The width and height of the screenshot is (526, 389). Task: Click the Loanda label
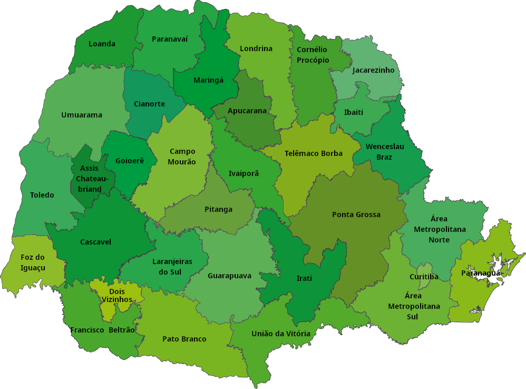click(x=102, y=44)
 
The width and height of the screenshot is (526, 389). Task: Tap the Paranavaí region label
click(x=170, y=38)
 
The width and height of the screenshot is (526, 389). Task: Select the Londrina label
click(x=256, y=48)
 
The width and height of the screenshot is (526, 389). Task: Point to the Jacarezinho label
click(x=373, y=70)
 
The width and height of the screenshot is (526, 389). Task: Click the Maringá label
click(x=209, y=80)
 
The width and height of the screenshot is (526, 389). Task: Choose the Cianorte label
click(x=149, y=104)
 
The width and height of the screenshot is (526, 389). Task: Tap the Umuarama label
click(x=82, y=115)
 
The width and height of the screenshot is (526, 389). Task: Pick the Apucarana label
click(x=247, y=111)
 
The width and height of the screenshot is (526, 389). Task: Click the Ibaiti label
click(x=354, y=112)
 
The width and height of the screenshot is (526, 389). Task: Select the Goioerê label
click(x=130, y=160)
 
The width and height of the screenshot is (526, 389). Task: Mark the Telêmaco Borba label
click(x=314, y=153)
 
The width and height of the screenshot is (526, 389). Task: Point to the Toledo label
click(x=42, y=195)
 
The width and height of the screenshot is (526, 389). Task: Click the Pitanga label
click(x=218, y=209)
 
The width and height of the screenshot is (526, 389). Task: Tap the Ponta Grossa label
click(x=356, y=215)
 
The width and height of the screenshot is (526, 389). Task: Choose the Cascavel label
click(x=95, y=242)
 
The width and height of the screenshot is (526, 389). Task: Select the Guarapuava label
click(x=229, y=276)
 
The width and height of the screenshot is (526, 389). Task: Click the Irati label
click(x=304, y=278)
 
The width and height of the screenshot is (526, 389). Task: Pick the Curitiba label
click(x=424, y=277)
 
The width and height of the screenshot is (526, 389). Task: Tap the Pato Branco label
click(x=184, y=339)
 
